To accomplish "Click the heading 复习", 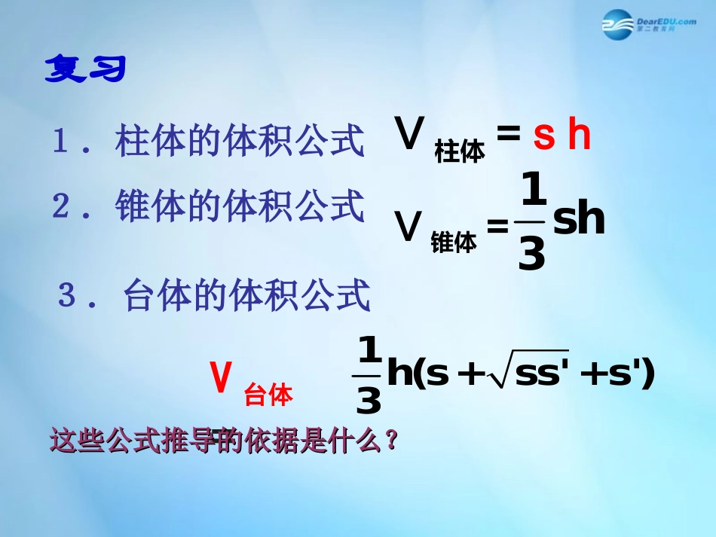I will (85, 69).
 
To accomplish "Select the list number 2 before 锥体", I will (61, 206).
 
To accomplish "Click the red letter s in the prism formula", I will (543, 137).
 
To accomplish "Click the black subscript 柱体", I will (460, 153).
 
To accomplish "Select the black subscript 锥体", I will (454, 242).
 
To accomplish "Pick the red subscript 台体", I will (268, 395).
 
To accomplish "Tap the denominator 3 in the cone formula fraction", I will (532, 256).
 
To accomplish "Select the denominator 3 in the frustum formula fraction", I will (368, 401).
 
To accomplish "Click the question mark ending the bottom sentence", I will (390, 440).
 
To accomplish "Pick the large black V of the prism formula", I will (410, 136).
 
